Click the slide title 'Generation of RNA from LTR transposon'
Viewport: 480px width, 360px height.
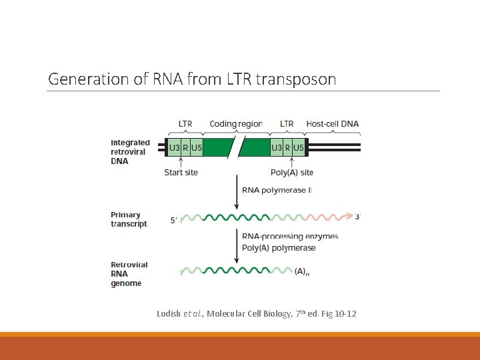point(192,79)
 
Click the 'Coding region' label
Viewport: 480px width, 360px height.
point(235,124)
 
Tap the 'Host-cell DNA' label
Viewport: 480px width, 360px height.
point(332,124)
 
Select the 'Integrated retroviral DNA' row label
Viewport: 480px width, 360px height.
point(130,152)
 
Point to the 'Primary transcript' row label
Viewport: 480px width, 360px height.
point(129,219)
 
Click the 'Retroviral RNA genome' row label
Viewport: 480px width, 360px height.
point(129,274)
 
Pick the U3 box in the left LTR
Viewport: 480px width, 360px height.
point(174,147)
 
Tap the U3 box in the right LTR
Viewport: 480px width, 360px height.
point(277,147)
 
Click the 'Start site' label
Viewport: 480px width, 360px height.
point(181,173)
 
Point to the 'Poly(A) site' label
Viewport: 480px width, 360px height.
point(291,173)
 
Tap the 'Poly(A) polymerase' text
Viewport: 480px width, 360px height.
point(279,248)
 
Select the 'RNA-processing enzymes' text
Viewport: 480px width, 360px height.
point(289,237)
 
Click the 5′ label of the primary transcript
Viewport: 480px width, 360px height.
point(174,219)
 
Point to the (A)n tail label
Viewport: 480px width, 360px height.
point(302,272)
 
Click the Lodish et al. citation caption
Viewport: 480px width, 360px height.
point(256,313)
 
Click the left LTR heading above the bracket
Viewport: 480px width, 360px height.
point(185,124)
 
